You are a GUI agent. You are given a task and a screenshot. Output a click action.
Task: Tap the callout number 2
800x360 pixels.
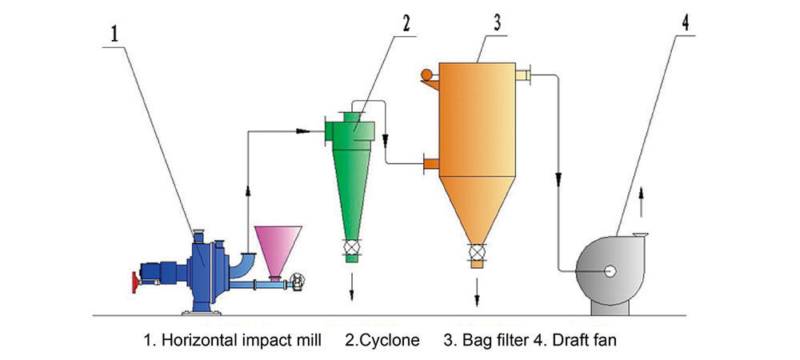point(406,22)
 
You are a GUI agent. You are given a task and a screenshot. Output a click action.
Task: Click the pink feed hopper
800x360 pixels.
point(278,248)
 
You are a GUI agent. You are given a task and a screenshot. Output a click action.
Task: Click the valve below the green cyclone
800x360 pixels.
point(351,249)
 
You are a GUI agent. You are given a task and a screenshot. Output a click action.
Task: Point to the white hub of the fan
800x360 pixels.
point(610,271)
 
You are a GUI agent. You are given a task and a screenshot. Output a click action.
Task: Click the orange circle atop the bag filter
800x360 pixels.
point(426,74)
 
